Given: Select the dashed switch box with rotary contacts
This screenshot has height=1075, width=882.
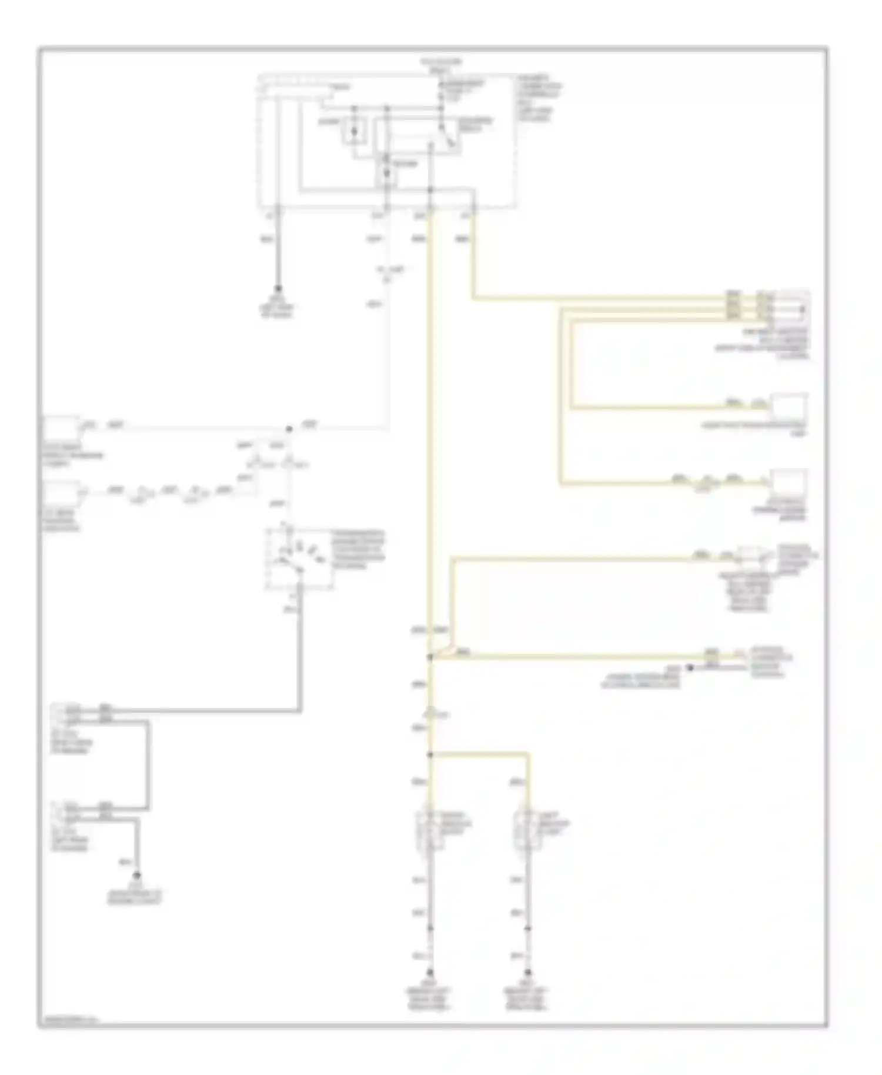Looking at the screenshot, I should tap(299, 557).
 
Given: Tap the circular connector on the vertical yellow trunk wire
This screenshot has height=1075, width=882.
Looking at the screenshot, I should tap(431, 714).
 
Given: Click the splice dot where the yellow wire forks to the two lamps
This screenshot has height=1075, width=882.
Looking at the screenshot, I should tap(430, 754).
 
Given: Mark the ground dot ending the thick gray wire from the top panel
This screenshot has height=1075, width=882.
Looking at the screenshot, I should tap(278, 289).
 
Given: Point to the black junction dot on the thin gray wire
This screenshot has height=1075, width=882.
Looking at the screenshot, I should tap(289, 429).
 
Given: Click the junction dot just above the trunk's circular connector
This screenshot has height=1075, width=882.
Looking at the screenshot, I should tap(430, 656).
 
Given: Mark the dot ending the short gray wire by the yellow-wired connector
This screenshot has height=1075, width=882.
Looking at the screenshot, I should tap(691, 667).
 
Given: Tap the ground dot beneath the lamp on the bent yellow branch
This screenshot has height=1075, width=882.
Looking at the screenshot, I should tap(528, 973).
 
